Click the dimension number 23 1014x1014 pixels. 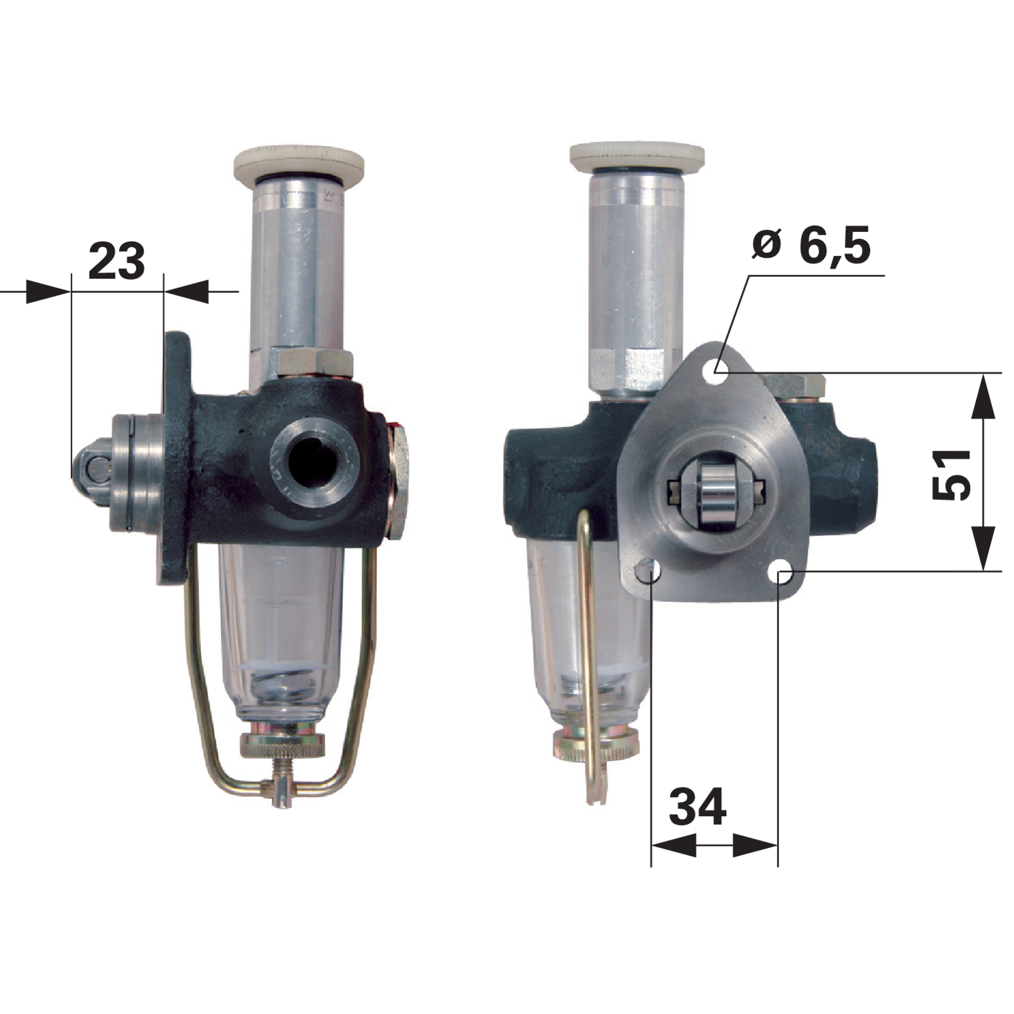click(117, 261)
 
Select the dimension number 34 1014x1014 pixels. click(698, 807)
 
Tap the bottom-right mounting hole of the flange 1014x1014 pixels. click(783, 574)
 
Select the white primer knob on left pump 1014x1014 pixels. click(299, 164)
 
